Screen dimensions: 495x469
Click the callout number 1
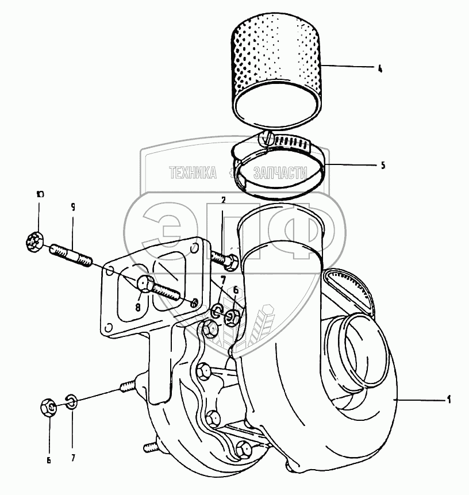pyautogui.click(x=449, y=399)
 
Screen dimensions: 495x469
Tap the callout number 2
pyautogui.click(x=224, y=199)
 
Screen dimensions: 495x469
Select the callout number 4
pyautogui.click(x=380, y=68)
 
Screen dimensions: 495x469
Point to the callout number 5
pyautogui.click(x=383, y=166)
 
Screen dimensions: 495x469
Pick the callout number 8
pyautogui.click(x=139, y=307)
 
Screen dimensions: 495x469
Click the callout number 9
pyautogui.click(x=73, y=208)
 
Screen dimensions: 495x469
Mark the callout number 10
pyautogui.click(x=40, y=194)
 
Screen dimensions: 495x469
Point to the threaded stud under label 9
pyautogui.click(x=72, y=255)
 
